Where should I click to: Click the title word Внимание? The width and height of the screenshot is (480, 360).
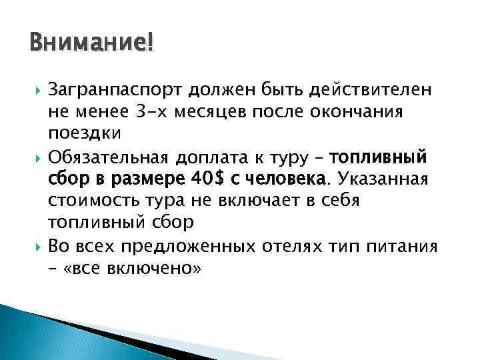pyautogui.click(x=91, y=45)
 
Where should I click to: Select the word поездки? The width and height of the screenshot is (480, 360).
pyautogui.click(x=85, y=133)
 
